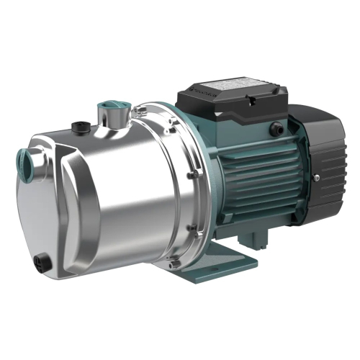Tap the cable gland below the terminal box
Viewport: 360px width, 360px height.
(x=275, y=130)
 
